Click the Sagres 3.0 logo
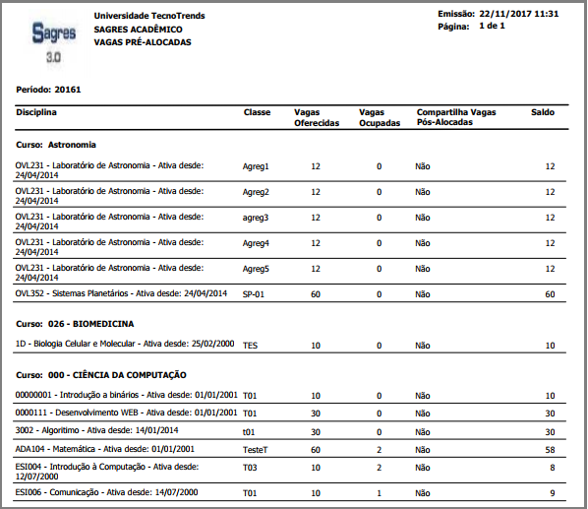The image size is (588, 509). (x=53, y=42)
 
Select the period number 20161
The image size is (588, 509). (x=69, y=90)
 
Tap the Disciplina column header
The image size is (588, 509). (x=36, y=112)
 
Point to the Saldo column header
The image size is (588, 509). (x=543, y=112)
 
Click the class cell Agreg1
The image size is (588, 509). (x=256, y=166)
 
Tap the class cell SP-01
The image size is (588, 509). (x=255, y=294)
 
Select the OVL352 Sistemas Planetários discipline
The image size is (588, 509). (x=121, y=293)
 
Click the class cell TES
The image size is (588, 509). (x=250, y=346)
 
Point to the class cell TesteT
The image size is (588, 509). (x=257, y=449)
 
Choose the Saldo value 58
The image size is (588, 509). (x=550, y=449)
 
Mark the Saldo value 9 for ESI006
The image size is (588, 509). (x=553, y=492)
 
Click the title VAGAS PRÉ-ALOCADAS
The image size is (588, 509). (x=143, y=42)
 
